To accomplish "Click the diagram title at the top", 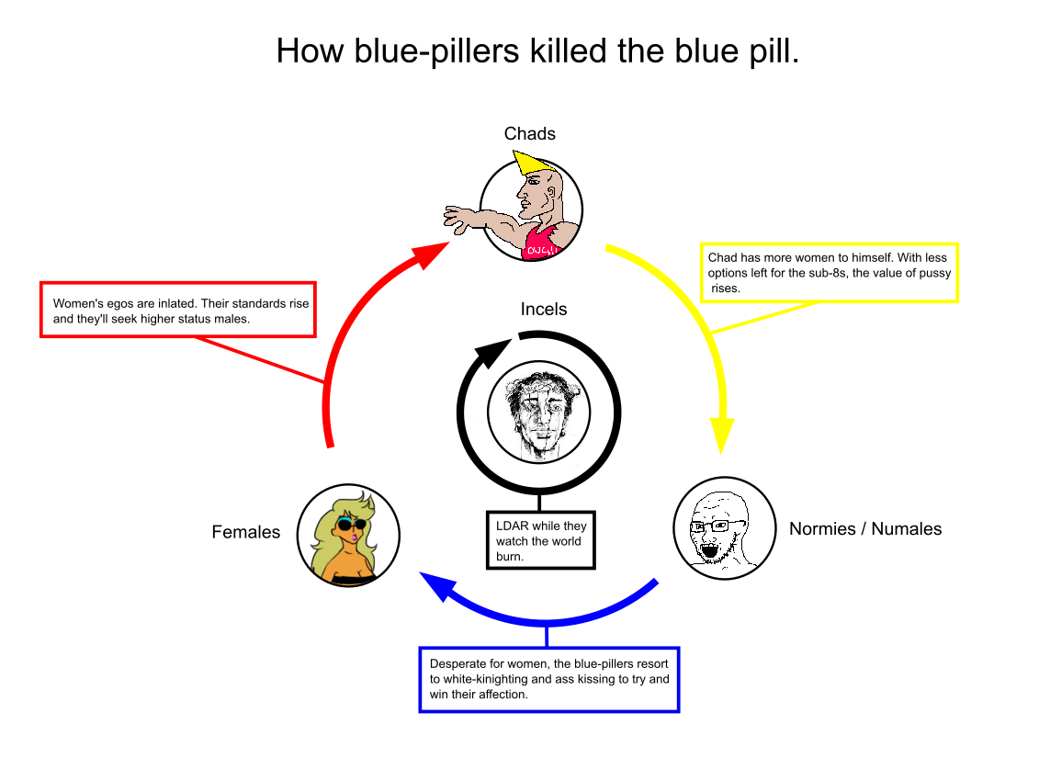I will coord(537,51).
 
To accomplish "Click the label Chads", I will coord(529,134).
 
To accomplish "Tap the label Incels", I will coord(543,310).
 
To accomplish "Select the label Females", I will coord(245,532).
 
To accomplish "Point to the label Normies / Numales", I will coord(864,528).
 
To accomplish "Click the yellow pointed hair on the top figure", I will coord(527,164).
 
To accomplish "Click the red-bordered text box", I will coord(178,310).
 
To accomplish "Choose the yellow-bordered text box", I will coord(829,272).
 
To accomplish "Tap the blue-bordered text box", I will coord(548,679).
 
